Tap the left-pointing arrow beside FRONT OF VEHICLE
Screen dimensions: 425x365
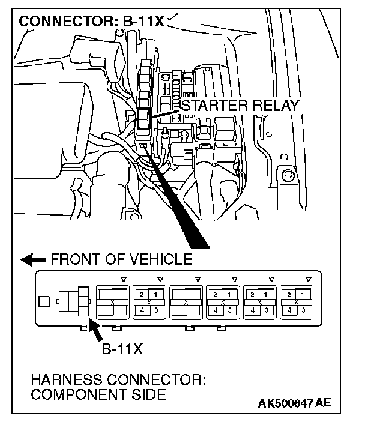(34, 260)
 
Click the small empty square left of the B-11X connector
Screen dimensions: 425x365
(43, 301)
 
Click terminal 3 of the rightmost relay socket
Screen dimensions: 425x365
(304, 310)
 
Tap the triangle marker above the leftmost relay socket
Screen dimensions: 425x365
(123, 279)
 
